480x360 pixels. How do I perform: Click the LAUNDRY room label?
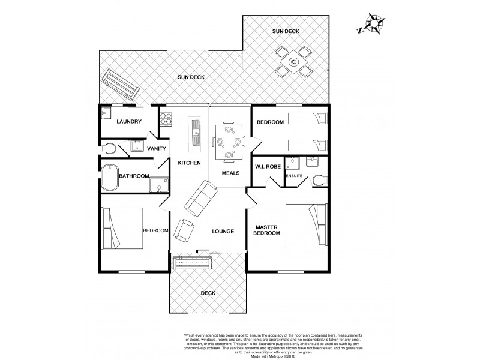pos(128,122)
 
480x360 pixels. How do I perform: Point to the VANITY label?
pos(156,149)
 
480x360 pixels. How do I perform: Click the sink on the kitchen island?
pos(196,127)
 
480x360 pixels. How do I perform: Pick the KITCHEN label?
pos(188,163)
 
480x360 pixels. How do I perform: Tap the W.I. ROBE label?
pos(265,167)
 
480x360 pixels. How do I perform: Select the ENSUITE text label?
pos(295,176)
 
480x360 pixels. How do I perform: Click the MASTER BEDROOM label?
pos(267,230)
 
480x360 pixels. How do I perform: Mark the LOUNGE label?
pos(222,232)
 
